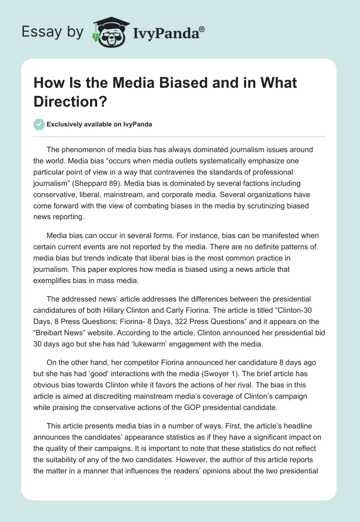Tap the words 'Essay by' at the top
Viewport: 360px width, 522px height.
(x=53, y=32)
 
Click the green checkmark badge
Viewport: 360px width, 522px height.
(x=40, y=124)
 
